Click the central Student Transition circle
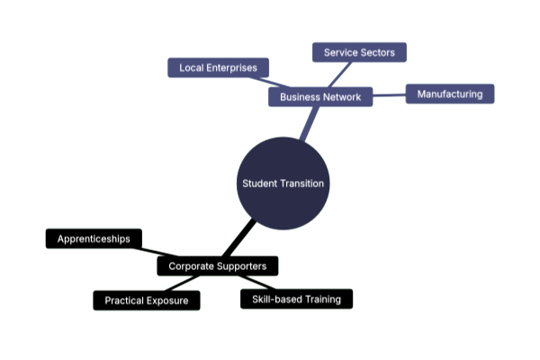[283, 184]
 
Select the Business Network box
[320, 97]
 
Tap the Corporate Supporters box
[218, 266]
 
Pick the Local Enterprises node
[219, 67]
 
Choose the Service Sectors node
[359, 52]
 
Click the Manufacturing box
[450, 94]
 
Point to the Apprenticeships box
[94, 238]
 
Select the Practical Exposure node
[147, 301]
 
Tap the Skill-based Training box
[296, 299]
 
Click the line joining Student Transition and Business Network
[309, 123]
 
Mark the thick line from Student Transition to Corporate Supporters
[239, 238]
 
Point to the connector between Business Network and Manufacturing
[389, 95]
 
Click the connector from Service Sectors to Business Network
[340, 75]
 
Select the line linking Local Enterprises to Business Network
[270, 82]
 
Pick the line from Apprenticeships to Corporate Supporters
[156, 252]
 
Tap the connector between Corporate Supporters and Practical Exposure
[182, 283]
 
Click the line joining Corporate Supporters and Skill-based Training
[257, 283]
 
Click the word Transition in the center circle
[303, 184]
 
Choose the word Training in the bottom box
[323, 299]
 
